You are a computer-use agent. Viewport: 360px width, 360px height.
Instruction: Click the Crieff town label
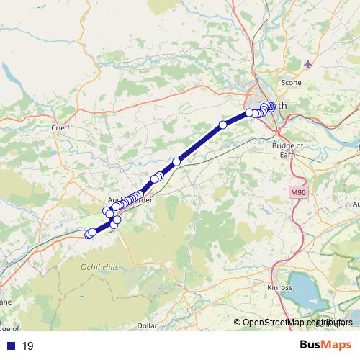tap(59, 127)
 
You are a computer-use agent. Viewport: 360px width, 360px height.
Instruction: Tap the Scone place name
tap(291, 83)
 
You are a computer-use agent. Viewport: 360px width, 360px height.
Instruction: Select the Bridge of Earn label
tap(288, 149)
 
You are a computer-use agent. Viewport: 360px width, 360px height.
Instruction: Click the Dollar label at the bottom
tap(147, 326)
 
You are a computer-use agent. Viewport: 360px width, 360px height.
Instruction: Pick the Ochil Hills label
tap(99, 267)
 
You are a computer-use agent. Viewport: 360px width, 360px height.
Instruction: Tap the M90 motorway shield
tap(299, 193)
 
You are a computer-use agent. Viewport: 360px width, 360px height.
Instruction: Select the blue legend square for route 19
tap(10, 346)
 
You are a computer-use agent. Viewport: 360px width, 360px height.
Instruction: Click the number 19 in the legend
tap(28, 346)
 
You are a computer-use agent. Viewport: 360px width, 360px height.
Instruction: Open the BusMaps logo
tap(325, 345)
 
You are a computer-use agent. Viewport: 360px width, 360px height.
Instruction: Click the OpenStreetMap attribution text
tap(295, 323)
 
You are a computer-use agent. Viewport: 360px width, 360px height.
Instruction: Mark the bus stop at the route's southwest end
tap(89, 234)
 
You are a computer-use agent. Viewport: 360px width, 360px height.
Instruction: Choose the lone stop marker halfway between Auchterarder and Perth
tap(176, 161)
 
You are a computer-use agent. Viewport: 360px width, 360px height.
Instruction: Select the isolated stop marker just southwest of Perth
tap(223, 125)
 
